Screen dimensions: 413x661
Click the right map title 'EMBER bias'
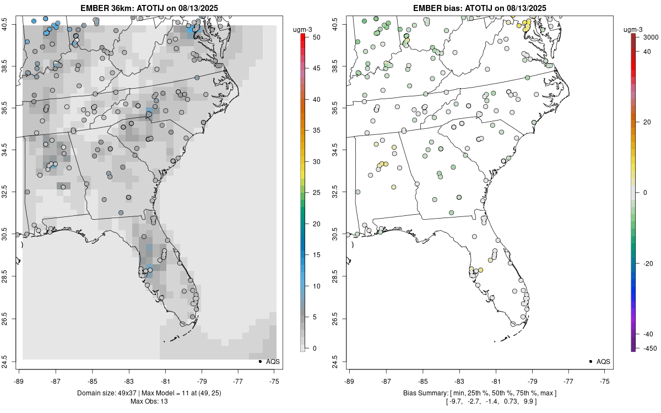coord(440,8)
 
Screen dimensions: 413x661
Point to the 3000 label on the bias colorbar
coord(651,37)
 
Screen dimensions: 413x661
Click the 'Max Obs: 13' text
coord(149,401)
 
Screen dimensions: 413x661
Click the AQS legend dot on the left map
coord(259,362)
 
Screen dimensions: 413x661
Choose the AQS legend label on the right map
coord(603,362)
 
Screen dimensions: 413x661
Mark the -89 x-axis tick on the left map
coord(19,381)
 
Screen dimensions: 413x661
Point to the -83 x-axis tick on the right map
coord(459,381)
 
